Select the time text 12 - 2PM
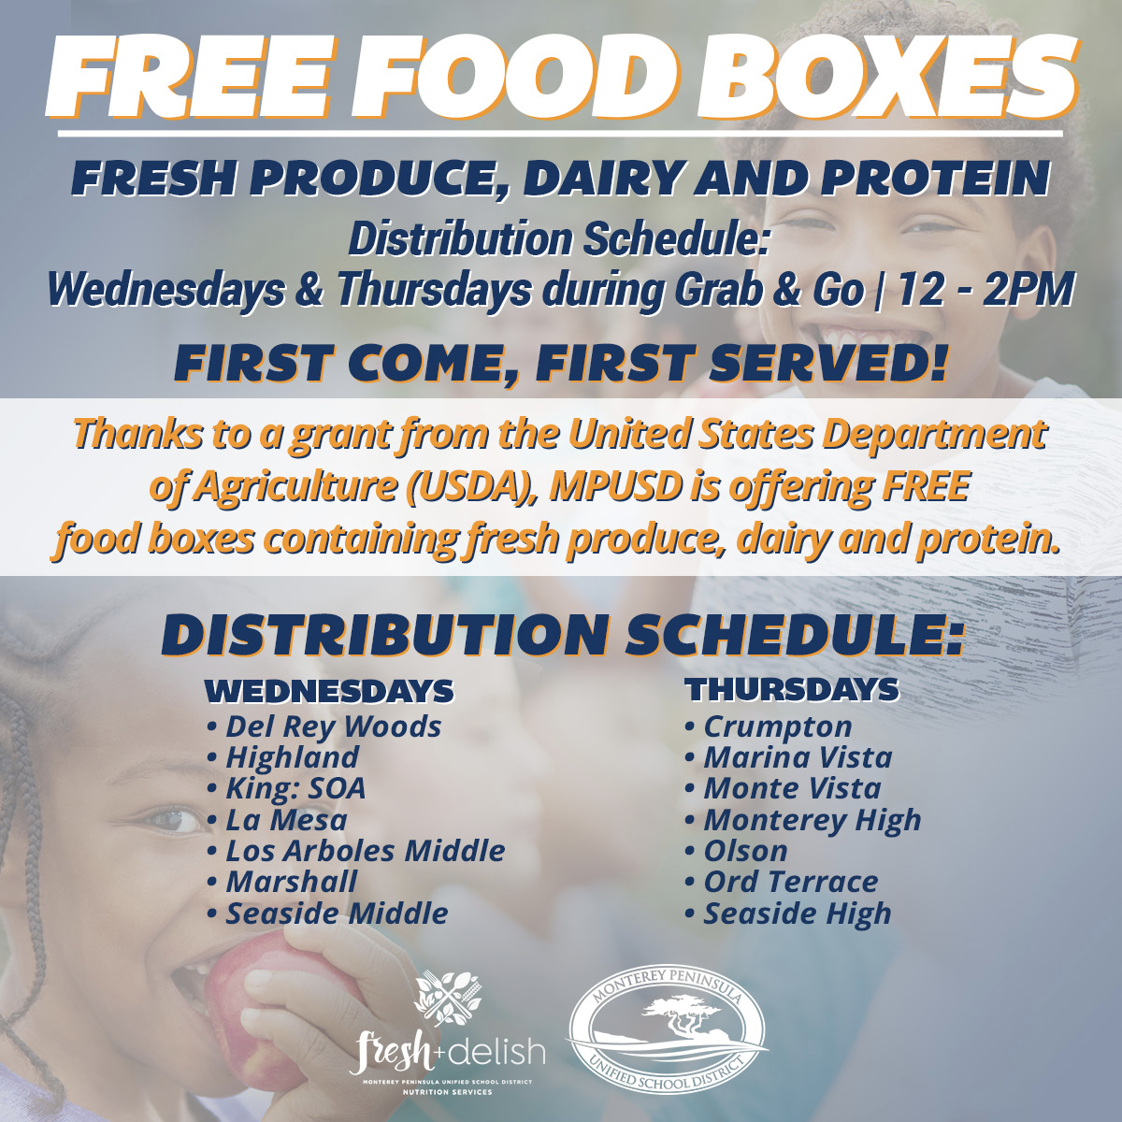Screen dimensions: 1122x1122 coord(985,290)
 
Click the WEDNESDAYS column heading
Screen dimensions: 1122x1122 coord(329,691)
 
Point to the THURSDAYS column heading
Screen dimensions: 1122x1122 coord(793,690)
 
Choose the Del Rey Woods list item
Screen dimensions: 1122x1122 coord(324,727)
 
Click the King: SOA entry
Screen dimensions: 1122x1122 coord(286,789)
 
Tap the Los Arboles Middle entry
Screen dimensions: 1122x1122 coord(356,851)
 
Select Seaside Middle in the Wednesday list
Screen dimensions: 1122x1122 coord(328,913)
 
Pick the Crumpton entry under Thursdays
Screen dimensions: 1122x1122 coord(769,727)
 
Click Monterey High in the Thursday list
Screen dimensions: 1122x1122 coord(803,821)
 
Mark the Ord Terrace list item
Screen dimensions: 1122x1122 coord(782,882)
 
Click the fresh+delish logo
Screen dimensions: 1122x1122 coord(447,1033)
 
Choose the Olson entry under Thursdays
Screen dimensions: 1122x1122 coord(737,851)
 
